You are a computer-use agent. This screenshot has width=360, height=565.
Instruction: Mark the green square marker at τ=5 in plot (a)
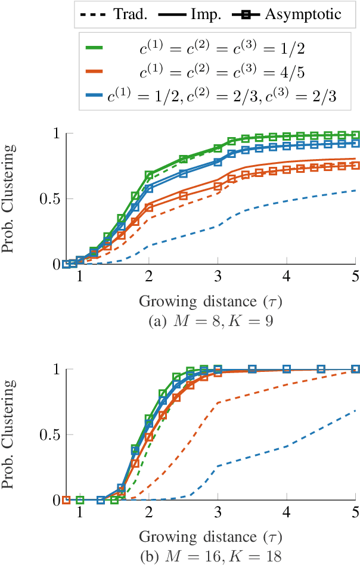coord(356,135)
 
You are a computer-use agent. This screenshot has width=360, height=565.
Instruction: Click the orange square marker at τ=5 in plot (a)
coord(356,165)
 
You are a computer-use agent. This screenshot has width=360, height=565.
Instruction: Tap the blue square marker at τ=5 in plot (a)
coord(356,143)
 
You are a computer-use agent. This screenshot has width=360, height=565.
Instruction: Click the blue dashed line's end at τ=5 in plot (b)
coord(356,410)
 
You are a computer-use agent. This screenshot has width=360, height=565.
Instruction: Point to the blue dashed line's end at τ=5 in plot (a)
coord(356,190)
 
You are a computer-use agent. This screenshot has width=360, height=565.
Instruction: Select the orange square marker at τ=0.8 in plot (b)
coord(67,499)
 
